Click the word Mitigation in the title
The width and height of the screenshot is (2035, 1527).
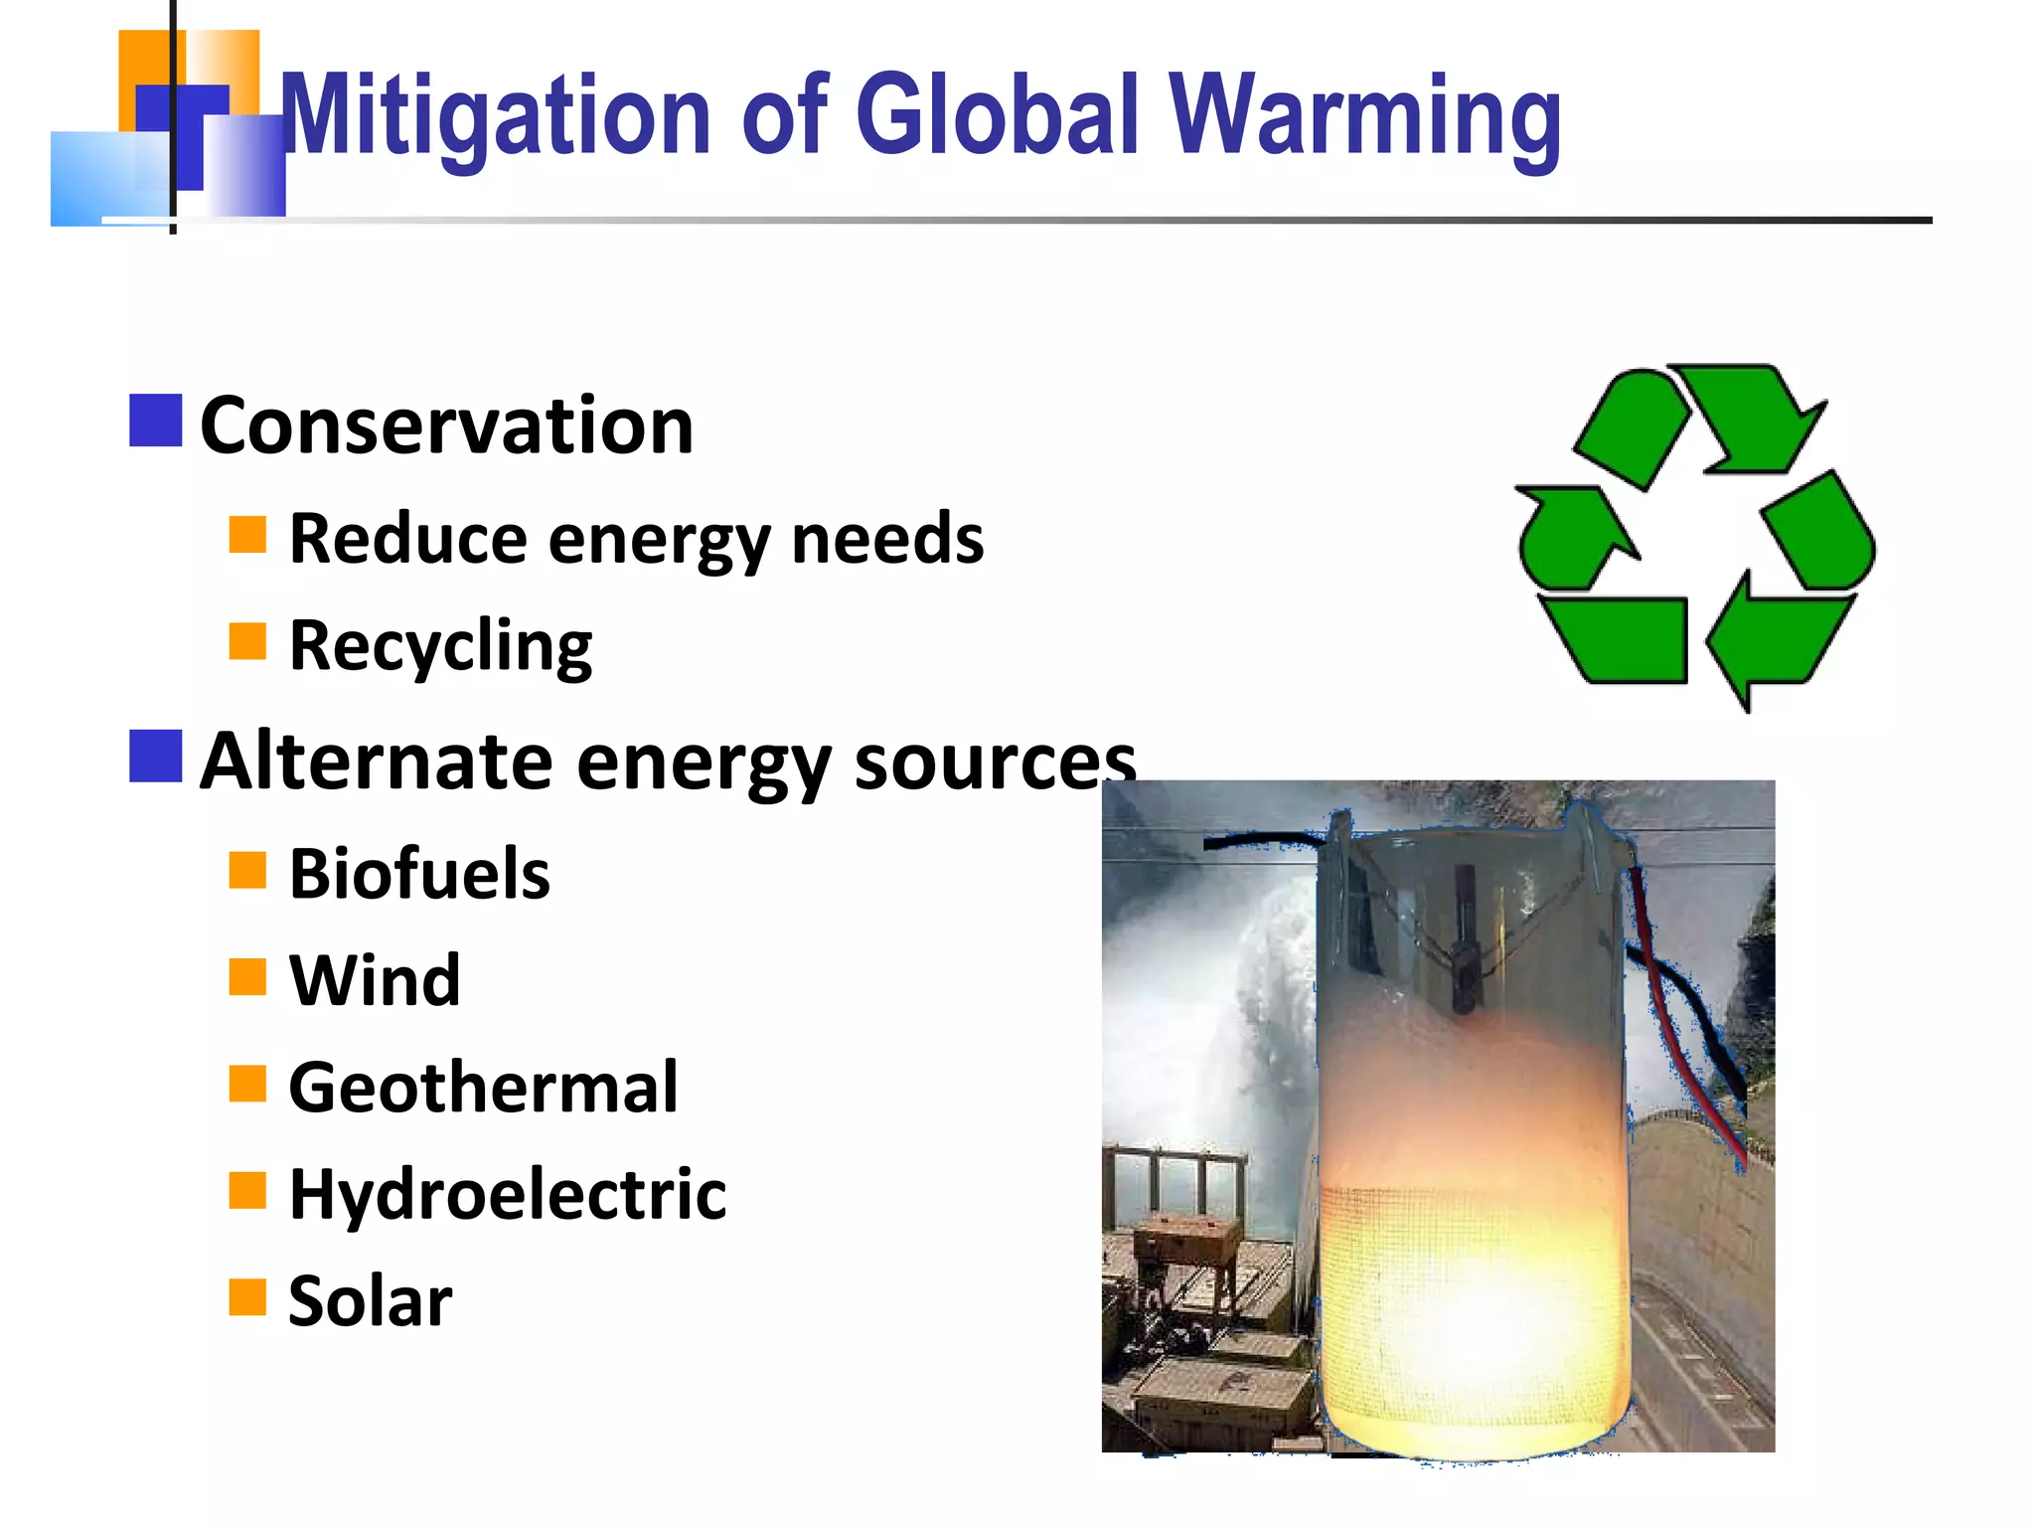tap(495, 116)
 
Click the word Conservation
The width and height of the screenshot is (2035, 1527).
tap(446, 425)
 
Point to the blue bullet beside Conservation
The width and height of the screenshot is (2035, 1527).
tap(156, 421)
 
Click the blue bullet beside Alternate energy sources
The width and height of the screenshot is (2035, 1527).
tap(156, 757)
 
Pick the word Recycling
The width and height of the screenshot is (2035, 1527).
tap(440, 646)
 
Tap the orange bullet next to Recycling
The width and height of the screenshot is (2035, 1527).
tap(247, 641)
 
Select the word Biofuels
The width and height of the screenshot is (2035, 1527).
tap(419, 874)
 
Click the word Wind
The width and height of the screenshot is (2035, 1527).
tap(375, 980)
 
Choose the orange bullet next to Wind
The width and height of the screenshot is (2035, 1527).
tap(247, 976)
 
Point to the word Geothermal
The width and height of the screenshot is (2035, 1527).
tap(483, 1087)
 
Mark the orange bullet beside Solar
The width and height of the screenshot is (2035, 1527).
tap(247, 1296)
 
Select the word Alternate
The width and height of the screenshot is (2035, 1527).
tap(377, 762)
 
